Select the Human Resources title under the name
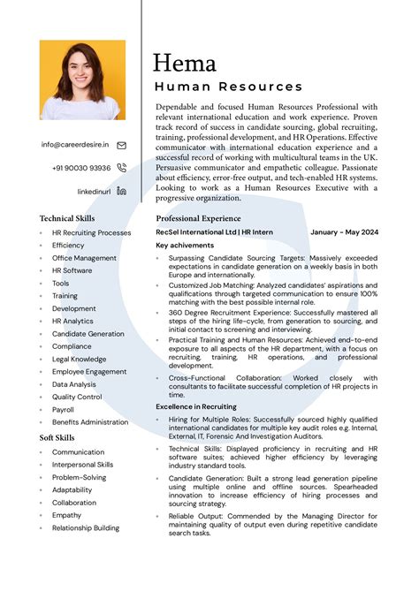(228, 87)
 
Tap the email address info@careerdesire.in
(75, 144)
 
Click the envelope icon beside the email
(121, 145)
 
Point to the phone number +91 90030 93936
(81, 168)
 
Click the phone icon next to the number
(121, 168)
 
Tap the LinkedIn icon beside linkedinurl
(121, 191)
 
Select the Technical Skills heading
(67, 218)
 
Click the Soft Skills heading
(57, 437)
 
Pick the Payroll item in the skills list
(63, 410)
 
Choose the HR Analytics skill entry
(72, 321)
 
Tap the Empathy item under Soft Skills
(66, 515)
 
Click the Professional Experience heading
(198, 218)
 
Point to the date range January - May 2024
(344, 232)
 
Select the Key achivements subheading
(185, 245)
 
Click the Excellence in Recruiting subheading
(196, 405)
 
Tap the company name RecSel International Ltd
(196, 232)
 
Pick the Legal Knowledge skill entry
(79, 360)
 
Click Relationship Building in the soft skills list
(85, 528)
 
